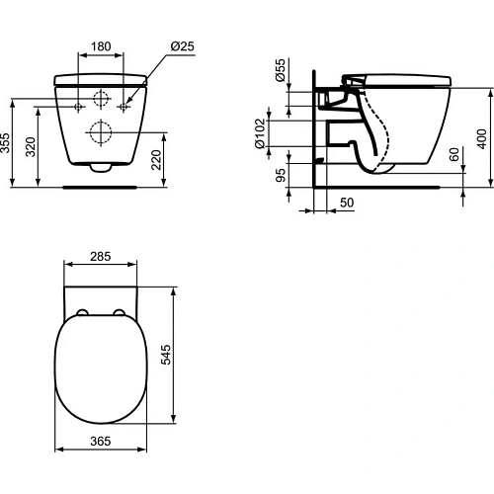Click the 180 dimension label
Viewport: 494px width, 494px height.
(101, 45)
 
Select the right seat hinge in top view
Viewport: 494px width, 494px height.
(120, 315)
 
